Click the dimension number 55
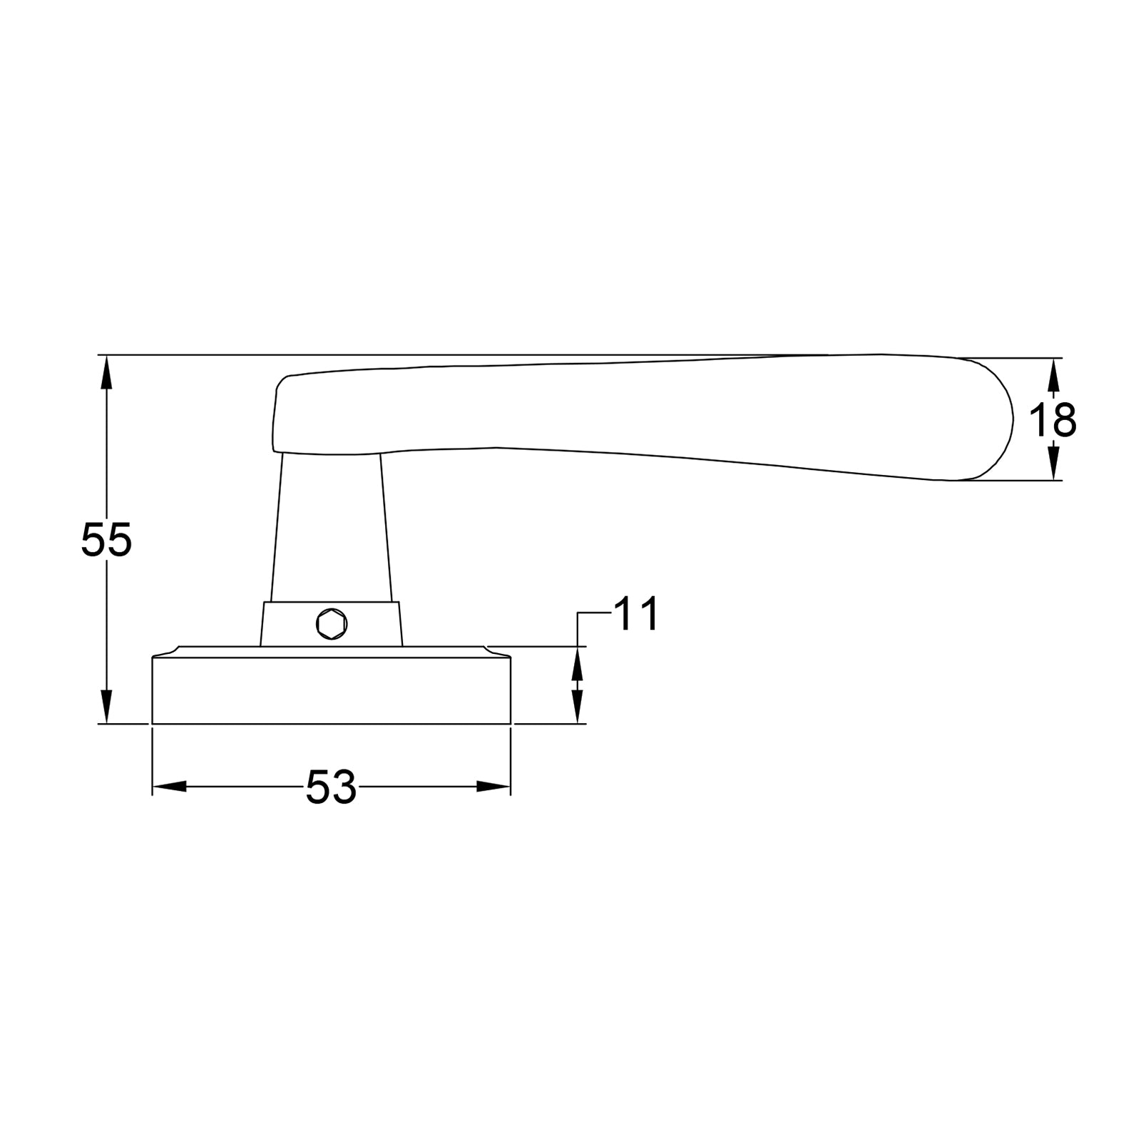[106, 540]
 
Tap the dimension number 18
[1053, 421]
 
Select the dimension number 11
[635, 614]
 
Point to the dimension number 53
[331, 788]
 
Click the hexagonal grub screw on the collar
[332, 625]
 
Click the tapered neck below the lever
[331, 528]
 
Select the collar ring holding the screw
[371, 625]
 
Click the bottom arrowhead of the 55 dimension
[106, 707]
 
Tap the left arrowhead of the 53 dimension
[170, 787]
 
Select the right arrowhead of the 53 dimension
[493, 787]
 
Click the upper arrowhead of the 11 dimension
[577, 663]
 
